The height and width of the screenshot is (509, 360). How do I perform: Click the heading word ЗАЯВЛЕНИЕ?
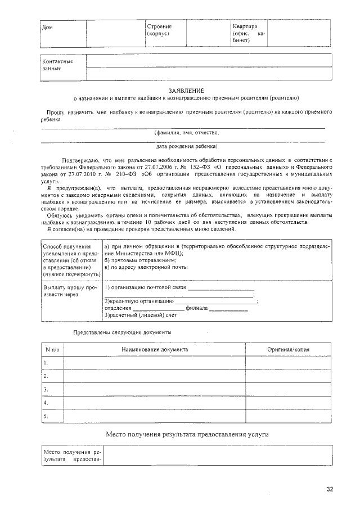pyautogui.click(x=186, y=90)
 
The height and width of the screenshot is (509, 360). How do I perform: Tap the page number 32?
pyautogui.click(x=330, y=489)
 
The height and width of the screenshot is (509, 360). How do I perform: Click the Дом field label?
pyautogui.click(x=47, y=28)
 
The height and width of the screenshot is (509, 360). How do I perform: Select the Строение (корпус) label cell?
pyautogui.click(x=159, y=30)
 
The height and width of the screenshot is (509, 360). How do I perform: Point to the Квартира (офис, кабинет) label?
pyautogui.click(x=248, y=34)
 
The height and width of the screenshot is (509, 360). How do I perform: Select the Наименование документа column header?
pyautogui.click(x=155, y=349)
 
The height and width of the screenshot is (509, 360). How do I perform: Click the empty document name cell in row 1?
pyautogui.click(x=155, y=363)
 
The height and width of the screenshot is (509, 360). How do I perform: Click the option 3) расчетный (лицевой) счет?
pyautogui.click(x=141, y=315)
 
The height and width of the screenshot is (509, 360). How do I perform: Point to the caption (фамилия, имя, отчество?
pyautogui.click(x=186, y=133)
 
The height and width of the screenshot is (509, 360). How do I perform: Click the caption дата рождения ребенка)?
pyautogui.click(x=186, y=146)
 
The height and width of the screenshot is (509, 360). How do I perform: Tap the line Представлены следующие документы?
pyautogui.click(x=122, y=332)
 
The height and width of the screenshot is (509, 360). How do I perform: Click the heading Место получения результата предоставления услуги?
pyautogui.click(x=186, y=435)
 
